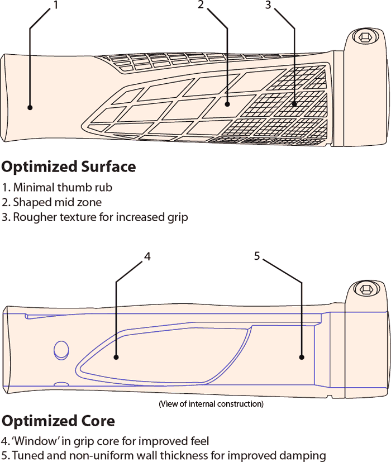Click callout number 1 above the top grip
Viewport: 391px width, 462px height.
point(55,6)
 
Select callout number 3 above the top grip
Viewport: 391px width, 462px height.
point(268,6)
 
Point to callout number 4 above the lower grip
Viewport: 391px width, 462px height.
point(147,256)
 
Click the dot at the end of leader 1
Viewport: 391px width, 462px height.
point(30,107)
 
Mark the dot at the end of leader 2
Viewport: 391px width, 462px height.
point(228,103)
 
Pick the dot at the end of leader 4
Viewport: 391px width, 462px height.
point(116,357)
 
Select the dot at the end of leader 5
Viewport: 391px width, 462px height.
point(302,357)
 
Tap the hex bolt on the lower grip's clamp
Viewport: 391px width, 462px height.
point(366,290)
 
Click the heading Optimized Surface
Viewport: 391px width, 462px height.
point(69,166)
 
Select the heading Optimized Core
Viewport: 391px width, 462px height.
point(58,421)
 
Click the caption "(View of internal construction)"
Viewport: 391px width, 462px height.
point(211,403)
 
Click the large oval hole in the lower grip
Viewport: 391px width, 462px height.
point(60,350)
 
